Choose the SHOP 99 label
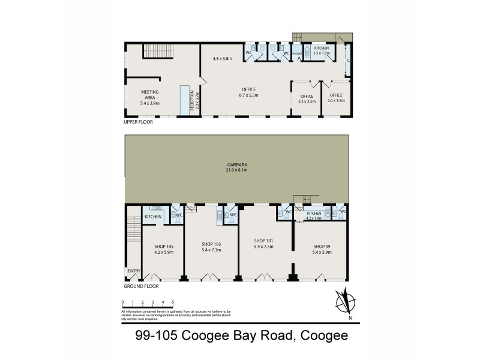pos(322,247)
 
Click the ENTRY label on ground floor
pos(133,271)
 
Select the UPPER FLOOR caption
pos(139,122)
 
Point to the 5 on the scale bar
pos(173,302)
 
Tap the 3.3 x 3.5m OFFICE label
pos(307,98)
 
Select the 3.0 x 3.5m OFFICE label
pos(336,98)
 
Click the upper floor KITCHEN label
pos(322,48)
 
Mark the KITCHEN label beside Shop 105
pos(153,216)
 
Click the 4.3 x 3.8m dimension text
pos(223,59)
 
